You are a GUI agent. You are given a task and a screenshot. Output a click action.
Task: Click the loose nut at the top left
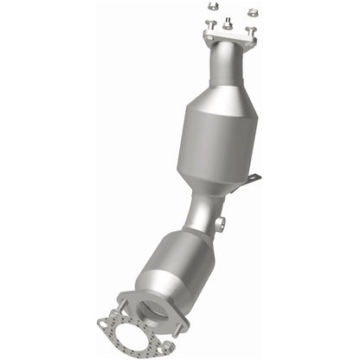pos(211,11)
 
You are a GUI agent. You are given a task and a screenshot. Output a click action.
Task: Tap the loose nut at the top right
pos(252,11)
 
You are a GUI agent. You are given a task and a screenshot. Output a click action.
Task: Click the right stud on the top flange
pos(251,31)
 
